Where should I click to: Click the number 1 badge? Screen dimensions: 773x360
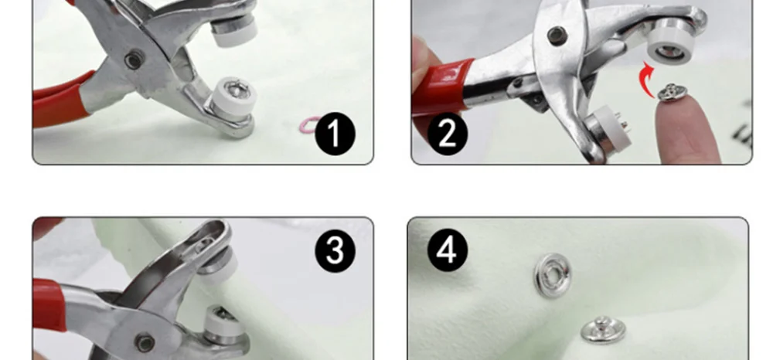pyautogui.click(x=335, y=134)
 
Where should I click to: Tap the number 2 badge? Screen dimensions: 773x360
pyautogui.click(x=448, y=134)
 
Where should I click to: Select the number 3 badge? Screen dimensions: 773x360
pyautogui.click(x=335, y=250)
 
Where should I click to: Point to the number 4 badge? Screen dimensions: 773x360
pyautogui.click(x=448, y=250)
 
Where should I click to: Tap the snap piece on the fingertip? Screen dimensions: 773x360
pyautogui.click(x=673, y=92)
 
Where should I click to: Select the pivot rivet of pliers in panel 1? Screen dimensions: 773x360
pyautogui.click(x=134, y=59)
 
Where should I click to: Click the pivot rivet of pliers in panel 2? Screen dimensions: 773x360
pyautogui.click(x=557, y=36)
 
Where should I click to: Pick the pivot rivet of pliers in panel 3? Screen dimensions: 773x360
pyautogui.click(x=145, y=343)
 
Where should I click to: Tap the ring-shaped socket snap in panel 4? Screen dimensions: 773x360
pyautogui.click(x=553, y=275)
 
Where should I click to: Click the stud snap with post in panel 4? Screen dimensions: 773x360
pyautogui.click(x=603, y=330)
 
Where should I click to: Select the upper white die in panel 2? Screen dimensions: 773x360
pyautogui.click(x=671, y=44)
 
